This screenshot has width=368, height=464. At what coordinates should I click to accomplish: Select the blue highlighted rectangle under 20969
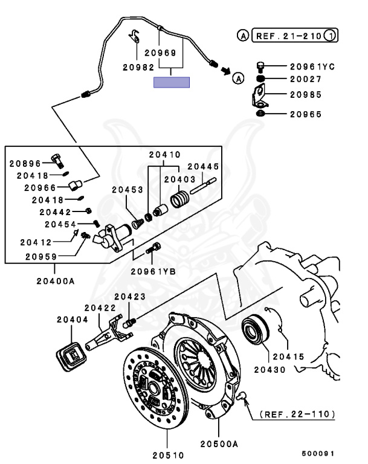[x=172, y=83]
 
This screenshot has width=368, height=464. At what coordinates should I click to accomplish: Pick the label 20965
[x=305, y=114]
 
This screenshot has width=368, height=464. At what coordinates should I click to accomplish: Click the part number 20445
[x=202, y=166]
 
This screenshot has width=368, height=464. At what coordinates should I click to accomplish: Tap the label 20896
[x=24, y=163]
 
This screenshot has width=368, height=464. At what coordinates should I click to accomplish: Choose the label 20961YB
[x=154, y=271]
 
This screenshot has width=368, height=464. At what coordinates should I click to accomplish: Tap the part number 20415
[x=288, y=356]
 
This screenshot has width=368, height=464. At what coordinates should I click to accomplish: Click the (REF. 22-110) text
[x=297, y=414]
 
